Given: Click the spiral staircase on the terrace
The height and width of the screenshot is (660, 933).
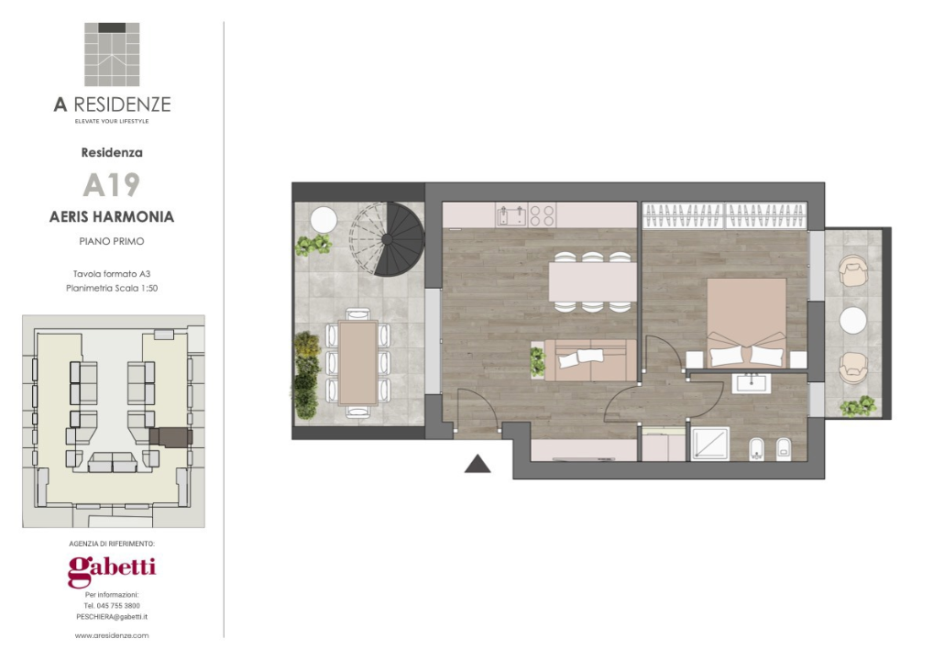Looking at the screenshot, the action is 387,239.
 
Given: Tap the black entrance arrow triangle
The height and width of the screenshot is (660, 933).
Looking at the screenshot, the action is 477,464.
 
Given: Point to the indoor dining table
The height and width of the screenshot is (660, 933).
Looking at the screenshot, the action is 593,281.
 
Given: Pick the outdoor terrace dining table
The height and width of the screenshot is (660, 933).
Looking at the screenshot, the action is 357,362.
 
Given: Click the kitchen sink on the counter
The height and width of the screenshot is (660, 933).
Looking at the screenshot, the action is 511,215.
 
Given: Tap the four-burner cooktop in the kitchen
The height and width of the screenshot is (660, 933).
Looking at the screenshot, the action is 542,215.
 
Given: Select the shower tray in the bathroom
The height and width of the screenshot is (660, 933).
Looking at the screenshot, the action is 710,444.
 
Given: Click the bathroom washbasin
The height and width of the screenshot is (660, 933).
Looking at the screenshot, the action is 752,382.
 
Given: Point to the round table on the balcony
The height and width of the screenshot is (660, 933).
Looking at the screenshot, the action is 852,320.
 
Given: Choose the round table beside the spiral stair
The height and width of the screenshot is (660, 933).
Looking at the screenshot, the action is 324,219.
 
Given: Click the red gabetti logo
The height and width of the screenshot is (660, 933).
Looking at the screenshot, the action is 112,571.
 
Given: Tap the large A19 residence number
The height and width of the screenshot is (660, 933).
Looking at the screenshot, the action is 111,184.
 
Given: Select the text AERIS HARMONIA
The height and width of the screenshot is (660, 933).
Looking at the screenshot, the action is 112,216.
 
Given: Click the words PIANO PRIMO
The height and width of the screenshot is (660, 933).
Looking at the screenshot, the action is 112,241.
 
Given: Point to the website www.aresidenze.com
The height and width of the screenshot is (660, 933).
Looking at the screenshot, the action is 112,635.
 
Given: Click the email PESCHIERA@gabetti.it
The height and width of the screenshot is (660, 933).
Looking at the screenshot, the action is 112,617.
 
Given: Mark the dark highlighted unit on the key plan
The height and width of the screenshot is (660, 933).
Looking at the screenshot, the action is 170,437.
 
